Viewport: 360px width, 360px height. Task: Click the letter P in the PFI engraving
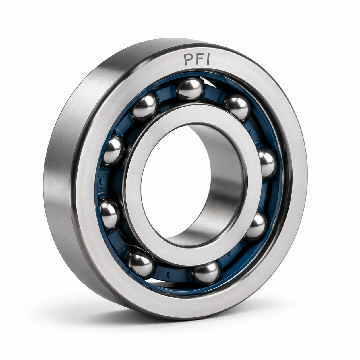188,59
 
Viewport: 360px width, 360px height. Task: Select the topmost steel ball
189,89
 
